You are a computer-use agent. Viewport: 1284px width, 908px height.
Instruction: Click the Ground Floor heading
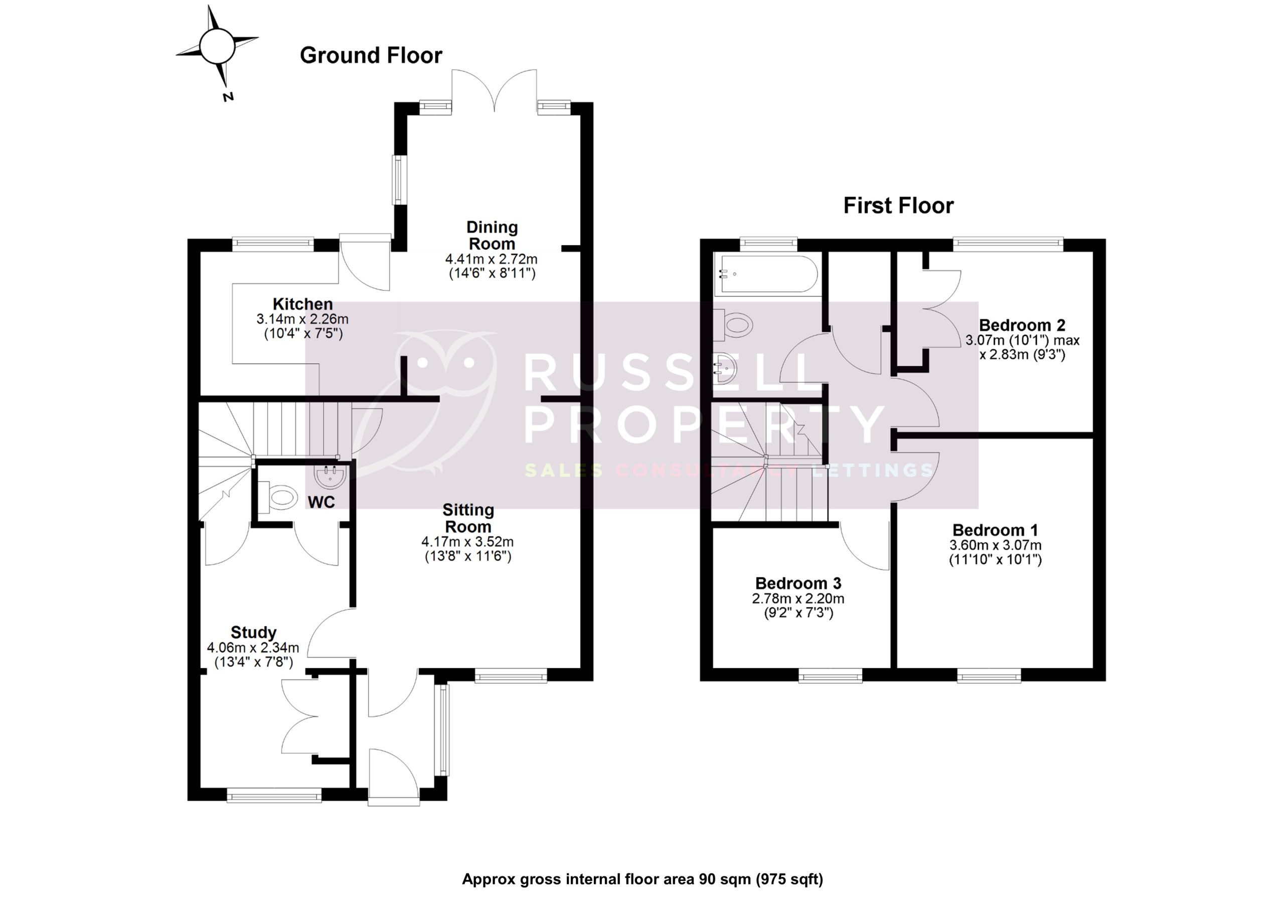pyautogui.click(x=371, y=55)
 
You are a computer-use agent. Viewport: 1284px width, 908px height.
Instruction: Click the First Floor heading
pyautogui.click(x=898, y=205)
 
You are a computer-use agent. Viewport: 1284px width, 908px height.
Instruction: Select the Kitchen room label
pyautogui.click(x=302, y=305)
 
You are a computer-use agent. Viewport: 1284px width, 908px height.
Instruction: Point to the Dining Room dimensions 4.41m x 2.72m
pyautogui.click(x=491, y=259)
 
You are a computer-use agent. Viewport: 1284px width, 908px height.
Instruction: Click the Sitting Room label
pyautogui.click(x=468, y=518)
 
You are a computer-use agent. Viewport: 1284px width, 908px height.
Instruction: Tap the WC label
pyautogui.click(x=321, y=502)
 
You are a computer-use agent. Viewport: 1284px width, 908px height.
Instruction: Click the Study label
pyautogui.click(x=253, y=632)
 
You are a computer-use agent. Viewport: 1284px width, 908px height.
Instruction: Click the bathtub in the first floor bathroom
pyautogui.click(x=765, y=274)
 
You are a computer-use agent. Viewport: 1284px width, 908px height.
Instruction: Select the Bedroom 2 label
pyautogui.click(x=1022, y=325)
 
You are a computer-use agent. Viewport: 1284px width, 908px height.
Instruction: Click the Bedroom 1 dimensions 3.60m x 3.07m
pyautogui.click(x=995, y=545)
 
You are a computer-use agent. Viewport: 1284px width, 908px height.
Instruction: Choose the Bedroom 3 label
pyautogui.click(x=798, y=583)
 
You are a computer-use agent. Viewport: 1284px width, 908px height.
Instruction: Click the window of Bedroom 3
pyautogui.click(x=830, y=678)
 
